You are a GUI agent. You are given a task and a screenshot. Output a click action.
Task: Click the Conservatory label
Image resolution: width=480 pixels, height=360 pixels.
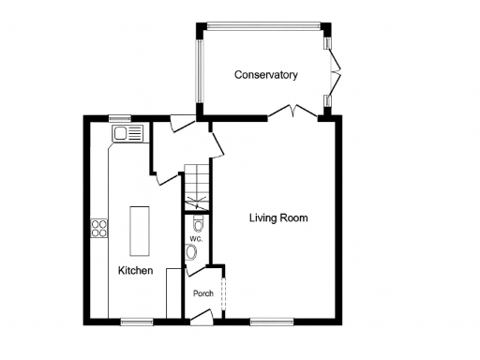point(266,75)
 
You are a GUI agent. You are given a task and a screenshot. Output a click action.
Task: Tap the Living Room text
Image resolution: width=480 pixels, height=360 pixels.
point(277,218)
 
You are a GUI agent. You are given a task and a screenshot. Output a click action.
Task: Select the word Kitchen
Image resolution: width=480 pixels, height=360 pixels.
point(135,270)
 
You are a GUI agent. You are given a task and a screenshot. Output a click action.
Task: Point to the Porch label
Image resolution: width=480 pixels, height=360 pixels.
point(203,293)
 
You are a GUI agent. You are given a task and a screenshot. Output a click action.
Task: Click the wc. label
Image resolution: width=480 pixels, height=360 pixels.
point(195,239)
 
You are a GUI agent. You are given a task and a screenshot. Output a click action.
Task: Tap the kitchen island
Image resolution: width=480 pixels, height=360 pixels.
point(140,231)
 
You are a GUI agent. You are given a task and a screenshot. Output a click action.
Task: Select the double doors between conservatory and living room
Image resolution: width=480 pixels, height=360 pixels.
point(292,112)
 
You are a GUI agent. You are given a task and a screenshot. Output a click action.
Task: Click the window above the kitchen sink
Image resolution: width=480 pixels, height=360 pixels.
point(119,118)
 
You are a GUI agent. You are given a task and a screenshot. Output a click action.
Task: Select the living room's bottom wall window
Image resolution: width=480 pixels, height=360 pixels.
point(270,322)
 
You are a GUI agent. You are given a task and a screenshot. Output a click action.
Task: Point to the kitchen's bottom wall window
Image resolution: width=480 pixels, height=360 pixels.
point(137,322)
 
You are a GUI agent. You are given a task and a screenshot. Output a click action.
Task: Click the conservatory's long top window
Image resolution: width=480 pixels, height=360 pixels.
point(263,25)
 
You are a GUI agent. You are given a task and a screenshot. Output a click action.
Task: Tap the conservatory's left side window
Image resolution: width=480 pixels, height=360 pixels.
point(198,70)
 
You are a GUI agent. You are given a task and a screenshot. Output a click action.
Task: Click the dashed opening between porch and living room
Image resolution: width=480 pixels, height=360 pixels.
point(224,291)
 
